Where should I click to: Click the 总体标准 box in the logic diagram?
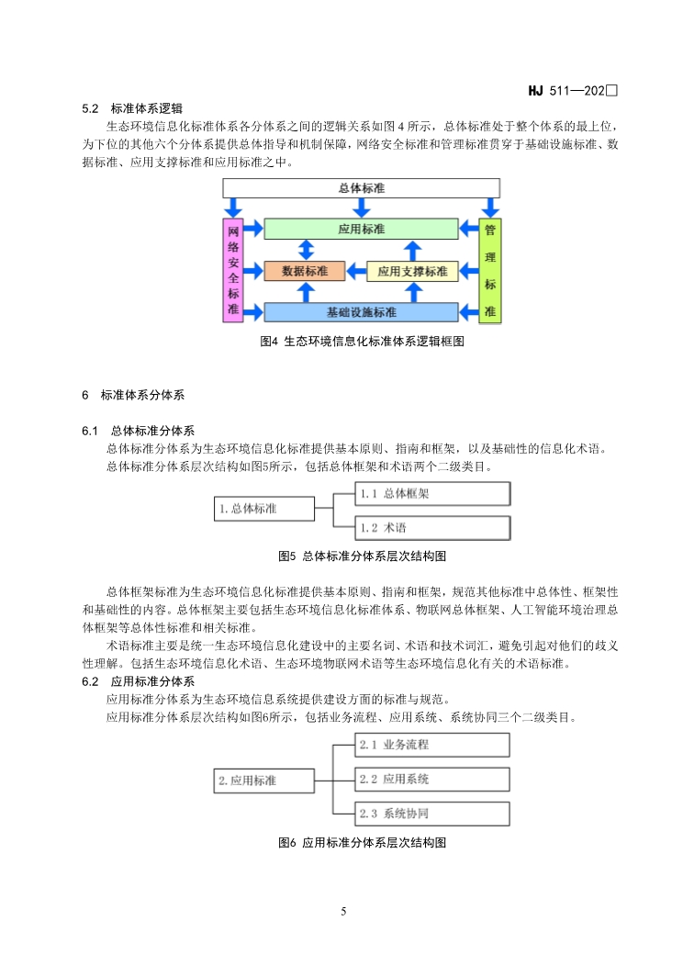[361, 187]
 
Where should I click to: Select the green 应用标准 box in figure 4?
[361, 229]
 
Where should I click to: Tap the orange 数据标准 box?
[303, 271]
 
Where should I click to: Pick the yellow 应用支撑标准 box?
[412, 271]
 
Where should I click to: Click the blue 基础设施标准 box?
[361, 312]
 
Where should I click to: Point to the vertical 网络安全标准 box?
[233, 270]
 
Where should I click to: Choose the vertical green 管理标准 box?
[490, 270]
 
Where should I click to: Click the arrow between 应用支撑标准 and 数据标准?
[355, 271]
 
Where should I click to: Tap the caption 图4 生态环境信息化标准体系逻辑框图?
[362, 342]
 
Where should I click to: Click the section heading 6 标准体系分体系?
[133, 396]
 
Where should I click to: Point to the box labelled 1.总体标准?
[264, 508]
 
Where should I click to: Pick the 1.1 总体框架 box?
[431, 494]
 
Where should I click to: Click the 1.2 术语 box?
[431, 528]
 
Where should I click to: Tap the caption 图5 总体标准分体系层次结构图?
[362, 556]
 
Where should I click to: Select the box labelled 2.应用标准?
[264, 781]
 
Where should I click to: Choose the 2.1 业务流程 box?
[431, 746]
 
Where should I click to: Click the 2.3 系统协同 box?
[431, 814]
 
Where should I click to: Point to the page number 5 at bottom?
[342, 912]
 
